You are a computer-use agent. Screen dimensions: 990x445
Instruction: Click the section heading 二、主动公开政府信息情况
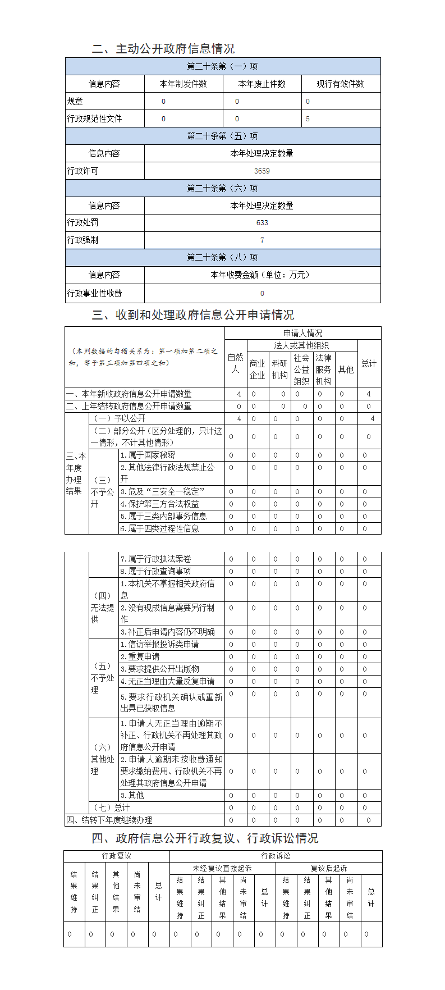click(163, 49)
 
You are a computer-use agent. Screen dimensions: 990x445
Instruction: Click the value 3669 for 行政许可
click(262, 171)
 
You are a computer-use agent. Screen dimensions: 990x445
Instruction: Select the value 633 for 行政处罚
click(262, 223)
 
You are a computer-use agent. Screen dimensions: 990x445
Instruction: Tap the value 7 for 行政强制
click(262, 240)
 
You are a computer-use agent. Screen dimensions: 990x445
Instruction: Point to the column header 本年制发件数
click(183, 84)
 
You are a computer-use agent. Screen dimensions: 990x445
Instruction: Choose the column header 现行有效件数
click(341, 84)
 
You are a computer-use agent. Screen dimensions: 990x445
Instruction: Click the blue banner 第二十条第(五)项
click(223, 136)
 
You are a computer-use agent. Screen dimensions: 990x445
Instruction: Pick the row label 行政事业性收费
click(95, 293)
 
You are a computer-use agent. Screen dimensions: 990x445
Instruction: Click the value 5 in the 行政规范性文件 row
click(308, 119)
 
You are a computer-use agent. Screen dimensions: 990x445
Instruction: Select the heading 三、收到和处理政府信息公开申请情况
click(193, 315)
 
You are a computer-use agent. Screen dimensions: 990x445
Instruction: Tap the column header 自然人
click(236, 363)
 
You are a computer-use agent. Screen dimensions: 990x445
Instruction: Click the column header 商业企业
click(257, 369)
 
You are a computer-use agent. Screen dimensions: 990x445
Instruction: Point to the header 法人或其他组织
click(301, 345)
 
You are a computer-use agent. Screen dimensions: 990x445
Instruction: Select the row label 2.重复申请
click(140, 656)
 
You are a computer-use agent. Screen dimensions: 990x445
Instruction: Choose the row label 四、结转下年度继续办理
click(109, 820)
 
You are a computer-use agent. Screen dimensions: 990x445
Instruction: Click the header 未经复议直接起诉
click(222, 868)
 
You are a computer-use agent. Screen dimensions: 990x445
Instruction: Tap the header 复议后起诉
click(329, 868)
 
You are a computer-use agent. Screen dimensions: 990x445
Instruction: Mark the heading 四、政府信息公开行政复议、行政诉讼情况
click(205, 838)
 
